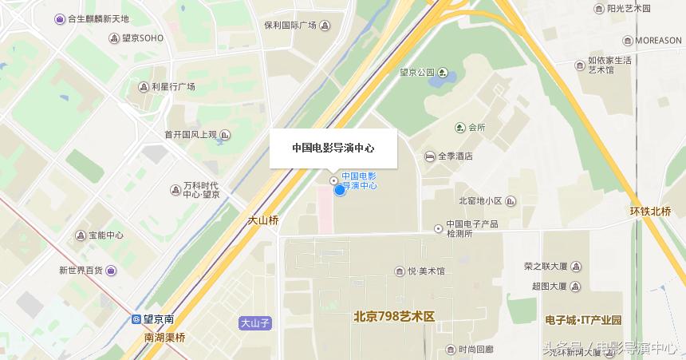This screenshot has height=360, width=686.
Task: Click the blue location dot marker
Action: click(339, 189)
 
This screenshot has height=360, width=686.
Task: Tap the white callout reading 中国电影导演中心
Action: click(333, 148)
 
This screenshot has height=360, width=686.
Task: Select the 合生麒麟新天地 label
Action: click(97, 18)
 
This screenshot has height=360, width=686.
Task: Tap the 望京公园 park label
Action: click(417, 73)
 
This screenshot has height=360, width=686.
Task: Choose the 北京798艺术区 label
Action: click(394, 317)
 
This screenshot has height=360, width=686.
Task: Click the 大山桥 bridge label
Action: click(263, 220)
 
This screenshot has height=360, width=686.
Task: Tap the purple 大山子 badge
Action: click(256, 323)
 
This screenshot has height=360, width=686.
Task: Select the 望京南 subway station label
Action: click(160, 319)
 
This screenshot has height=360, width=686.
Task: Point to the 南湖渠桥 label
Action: click(164, 338)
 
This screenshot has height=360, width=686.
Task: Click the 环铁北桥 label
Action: click(651, 212)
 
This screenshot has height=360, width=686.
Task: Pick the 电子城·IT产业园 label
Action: click(583, 320)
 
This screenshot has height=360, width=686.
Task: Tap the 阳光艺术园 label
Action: click(629, 9)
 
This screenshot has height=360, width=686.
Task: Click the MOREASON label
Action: click(658, 41)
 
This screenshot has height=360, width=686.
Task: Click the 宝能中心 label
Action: click(105, 235)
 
